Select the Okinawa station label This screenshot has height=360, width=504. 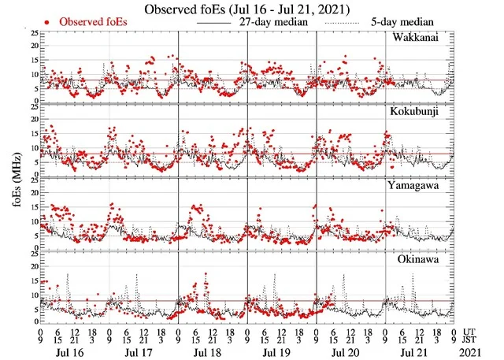418,258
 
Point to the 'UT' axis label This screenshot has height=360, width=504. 469,332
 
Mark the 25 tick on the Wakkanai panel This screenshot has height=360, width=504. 31,34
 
